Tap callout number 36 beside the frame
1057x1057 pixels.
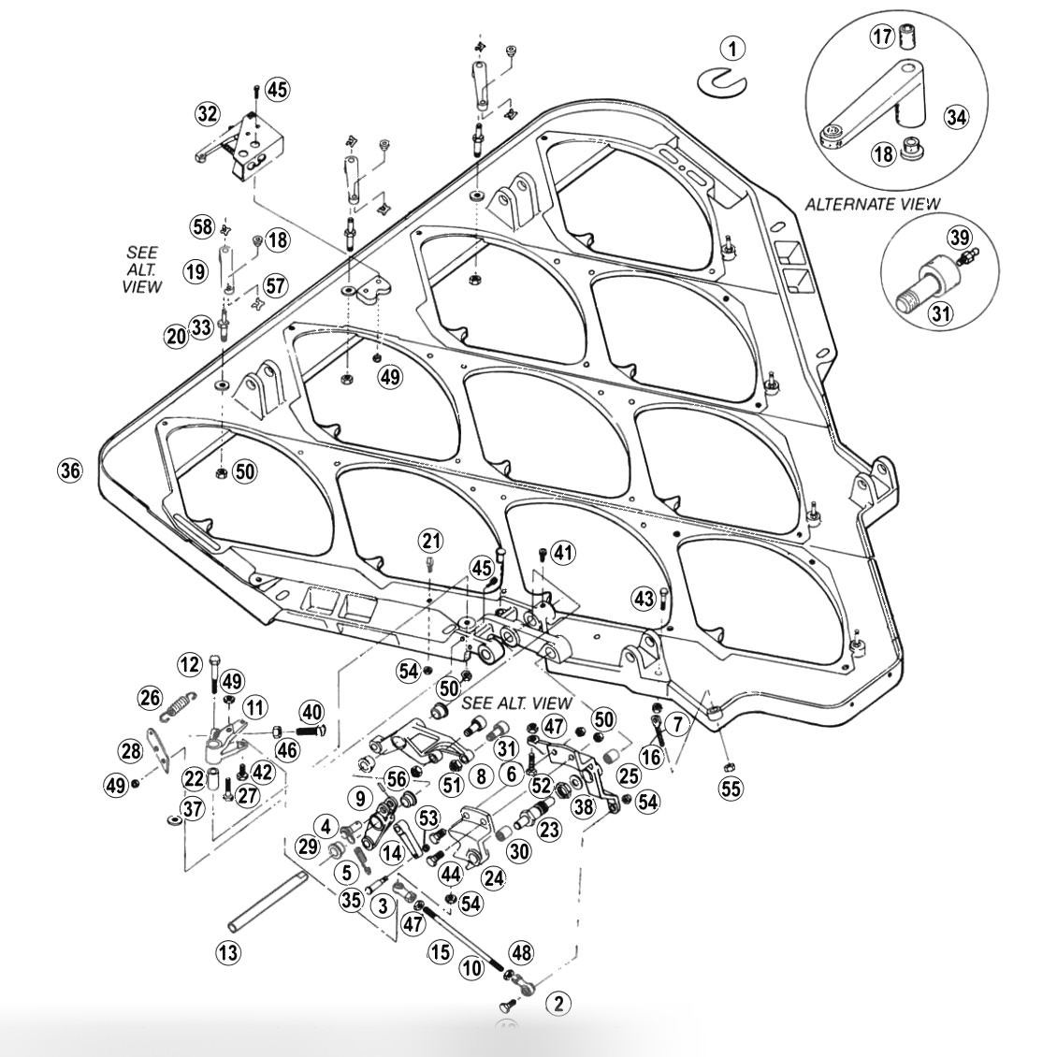(70, 471)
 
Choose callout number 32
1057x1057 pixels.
(207, 114)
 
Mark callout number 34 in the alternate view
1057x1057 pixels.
(955, 117)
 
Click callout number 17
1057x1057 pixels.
(882, 36)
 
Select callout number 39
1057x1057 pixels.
(960, 238)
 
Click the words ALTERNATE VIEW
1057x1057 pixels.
(873, 203)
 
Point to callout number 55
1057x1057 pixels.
(730, 788)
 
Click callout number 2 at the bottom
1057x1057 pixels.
(558, 1004)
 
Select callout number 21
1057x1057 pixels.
(431, 540)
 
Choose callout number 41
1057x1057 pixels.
(563, 552)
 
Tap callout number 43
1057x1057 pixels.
(643, 597)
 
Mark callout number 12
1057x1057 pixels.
(190, 664)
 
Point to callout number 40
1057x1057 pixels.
(311, 712)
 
